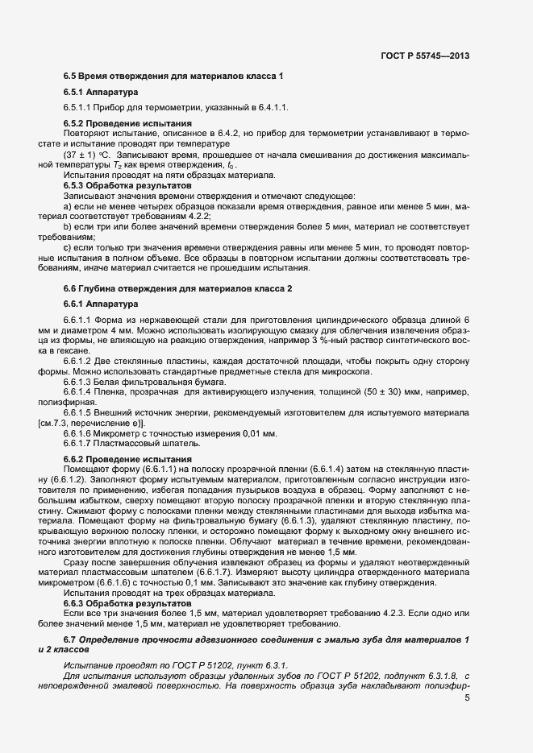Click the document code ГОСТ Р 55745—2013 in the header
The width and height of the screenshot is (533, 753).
click(424, 56)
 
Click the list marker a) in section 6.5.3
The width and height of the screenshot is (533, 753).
click(68, 206)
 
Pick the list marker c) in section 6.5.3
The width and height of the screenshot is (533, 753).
click(68, 248)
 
